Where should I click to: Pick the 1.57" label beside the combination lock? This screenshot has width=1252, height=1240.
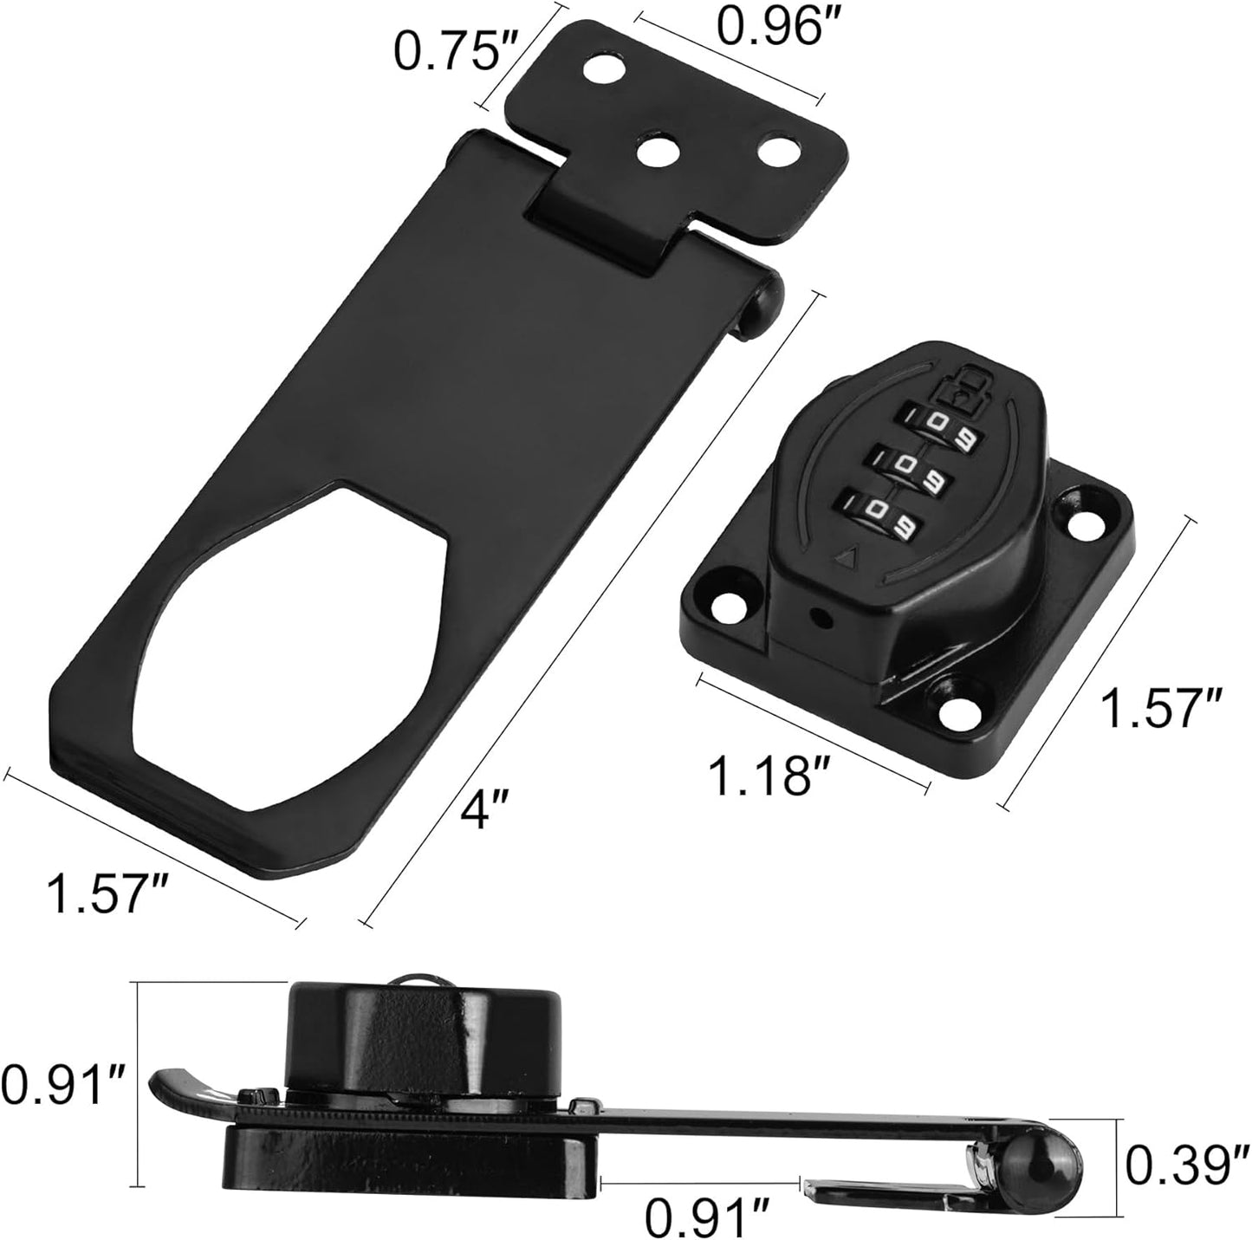pos(1160,708)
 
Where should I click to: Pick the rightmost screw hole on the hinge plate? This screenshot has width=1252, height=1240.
pos(776,148)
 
